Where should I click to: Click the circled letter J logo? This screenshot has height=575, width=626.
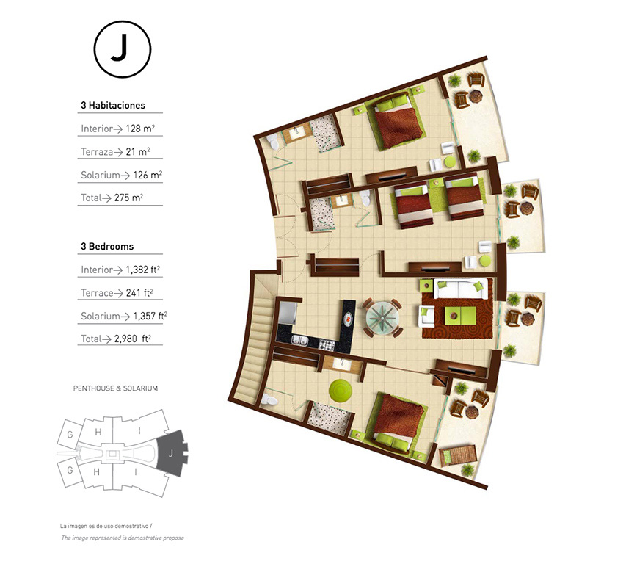tap(123, 49)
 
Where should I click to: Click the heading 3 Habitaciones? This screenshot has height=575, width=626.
tap(113, 106)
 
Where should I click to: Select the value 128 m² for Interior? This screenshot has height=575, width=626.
tap(140, 129)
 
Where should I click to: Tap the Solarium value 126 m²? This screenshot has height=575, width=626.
tap(148, 175)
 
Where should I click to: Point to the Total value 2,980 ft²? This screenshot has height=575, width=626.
tap(133, 339)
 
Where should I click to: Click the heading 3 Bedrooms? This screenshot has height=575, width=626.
tap(107, 246)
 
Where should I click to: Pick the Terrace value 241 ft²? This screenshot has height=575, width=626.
tap(139, 293)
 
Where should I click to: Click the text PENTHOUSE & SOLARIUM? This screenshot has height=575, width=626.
tap(115, 388)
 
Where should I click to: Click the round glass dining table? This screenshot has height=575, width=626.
tap(382, 318)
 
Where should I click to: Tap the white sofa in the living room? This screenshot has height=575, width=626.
tap(461, 289)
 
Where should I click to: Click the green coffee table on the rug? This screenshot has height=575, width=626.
tap(460, 316)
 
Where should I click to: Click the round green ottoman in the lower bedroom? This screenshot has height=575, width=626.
tap(341, 391)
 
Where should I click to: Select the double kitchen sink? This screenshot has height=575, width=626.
tap(299, 341)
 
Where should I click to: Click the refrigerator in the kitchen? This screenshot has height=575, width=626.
tap(287, 313)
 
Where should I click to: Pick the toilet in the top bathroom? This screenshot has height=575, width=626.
tap(273, 142)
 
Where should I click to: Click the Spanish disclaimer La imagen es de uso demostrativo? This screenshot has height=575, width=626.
tap(106, 526)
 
